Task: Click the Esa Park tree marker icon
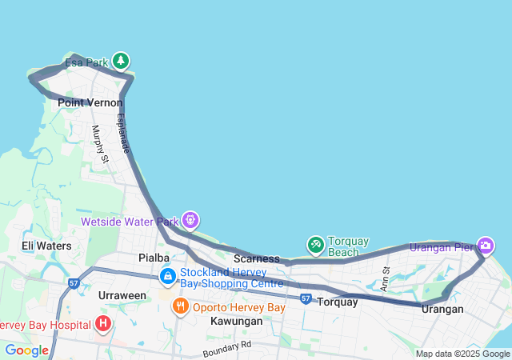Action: click(x=121, y=60)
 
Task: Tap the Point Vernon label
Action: click(x=90, y=102)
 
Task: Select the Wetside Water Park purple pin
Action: click(x=190, y=218)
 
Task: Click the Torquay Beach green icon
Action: click(x=316, y=244)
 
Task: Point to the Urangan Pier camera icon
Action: click(x=485, y=245)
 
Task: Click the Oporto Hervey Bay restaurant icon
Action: click(x=181, y=306)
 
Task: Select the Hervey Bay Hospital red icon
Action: click(x=102, y=324)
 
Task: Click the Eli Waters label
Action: click(x=46, y=246)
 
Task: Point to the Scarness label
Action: click(x=257, y=259)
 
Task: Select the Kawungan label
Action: click(x=236, y=321)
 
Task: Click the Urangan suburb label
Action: click(x=442, y=309)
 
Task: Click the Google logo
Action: click(x=26, y=350)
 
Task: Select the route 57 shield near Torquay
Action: click(x=306, y=298)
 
